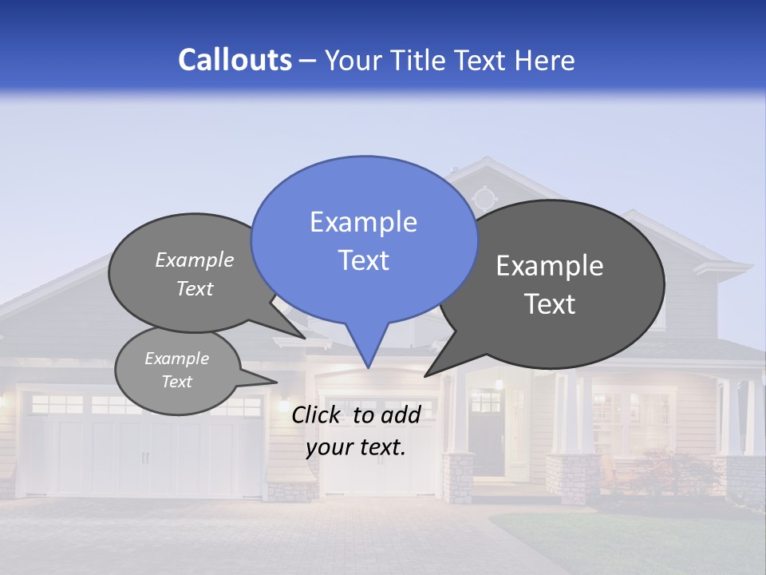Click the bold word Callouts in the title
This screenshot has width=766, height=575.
point(235,60)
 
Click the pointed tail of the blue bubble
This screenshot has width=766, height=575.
point(368,363)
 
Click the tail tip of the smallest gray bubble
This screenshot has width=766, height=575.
point(274,382)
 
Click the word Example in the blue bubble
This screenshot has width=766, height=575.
point(363,222)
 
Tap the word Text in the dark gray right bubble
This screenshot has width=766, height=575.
point(550,304)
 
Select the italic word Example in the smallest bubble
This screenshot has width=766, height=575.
point(176,359)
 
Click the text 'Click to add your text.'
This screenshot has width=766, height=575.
point(356,430)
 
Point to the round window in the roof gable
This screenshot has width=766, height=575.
point(484,197)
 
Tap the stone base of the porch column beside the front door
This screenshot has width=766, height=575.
point(458,478)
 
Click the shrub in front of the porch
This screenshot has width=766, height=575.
point(662,471)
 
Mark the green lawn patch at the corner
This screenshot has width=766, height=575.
point(638,543)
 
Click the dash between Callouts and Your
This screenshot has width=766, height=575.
point(308,60)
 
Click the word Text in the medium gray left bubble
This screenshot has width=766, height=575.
point(195,288)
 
